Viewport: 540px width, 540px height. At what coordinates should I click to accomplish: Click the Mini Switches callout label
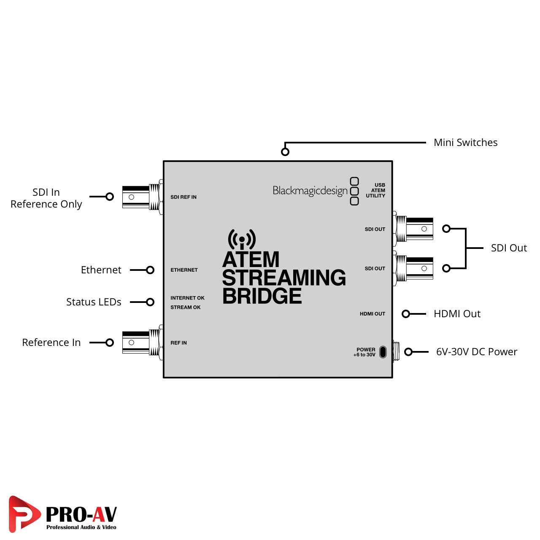(465, 143)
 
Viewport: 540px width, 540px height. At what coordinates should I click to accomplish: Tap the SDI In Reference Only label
(46, 198)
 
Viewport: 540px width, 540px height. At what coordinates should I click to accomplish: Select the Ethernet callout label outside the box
(101, 270)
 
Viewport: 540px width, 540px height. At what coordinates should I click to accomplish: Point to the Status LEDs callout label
(94, 302)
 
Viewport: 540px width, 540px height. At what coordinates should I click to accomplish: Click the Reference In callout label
(51, 343)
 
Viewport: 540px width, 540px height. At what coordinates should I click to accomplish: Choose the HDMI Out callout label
(457, 314)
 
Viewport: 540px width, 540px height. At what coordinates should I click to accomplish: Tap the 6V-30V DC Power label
(476, 352)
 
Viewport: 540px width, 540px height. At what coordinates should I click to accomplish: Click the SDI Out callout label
(509, 248)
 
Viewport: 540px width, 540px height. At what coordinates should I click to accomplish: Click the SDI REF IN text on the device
(184, 197)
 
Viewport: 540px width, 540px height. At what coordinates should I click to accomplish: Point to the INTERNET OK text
(187, 298)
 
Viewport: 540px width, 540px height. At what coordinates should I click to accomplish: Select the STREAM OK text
(186, 307)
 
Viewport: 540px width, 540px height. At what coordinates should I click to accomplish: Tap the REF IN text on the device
(178, 343)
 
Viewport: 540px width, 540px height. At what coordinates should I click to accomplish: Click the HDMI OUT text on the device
(372, 314)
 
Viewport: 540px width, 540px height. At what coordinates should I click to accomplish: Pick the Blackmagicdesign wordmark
(310, 191)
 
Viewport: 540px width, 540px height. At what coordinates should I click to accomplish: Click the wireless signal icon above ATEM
(242, 239)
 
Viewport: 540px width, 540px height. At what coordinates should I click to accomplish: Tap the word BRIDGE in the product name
(262, 296)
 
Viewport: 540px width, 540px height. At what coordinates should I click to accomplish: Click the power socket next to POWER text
(383, 352)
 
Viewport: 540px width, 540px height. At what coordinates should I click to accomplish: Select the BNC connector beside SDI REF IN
(141, 197)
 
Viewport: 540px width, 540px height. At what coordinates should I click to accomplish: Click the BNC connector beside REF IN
(141, 343)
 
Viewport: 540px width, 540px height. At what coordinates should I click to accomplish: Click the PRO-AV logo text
(81, 515)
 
